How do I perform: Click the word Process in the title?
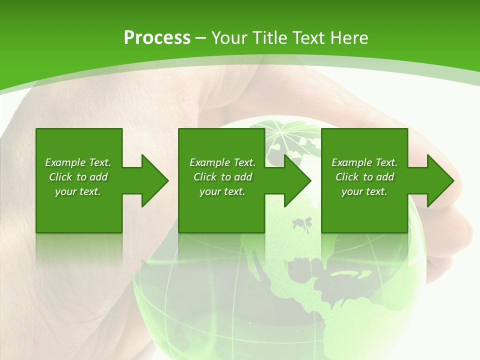(157, 37)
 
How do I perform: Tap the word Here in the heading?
(349, 37)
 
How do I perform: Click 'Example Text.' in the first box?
(78, 162)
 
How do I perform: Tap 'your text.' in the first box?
(78, 191)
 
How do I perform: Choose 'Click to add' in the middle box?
(222, 177)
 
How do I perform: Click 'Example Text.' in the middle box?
(222, 162)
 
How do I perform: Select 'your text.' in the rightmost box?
(364, 191)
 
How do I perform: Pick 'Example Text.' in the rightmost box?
(364, 162)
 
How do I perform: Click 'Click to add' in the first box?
(78, 177)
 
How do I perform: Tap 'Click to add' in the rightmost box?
(364, 177)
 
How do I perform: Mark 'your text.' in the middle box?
(222, 191)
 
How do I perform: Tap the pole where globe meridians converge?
(280, 132)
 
